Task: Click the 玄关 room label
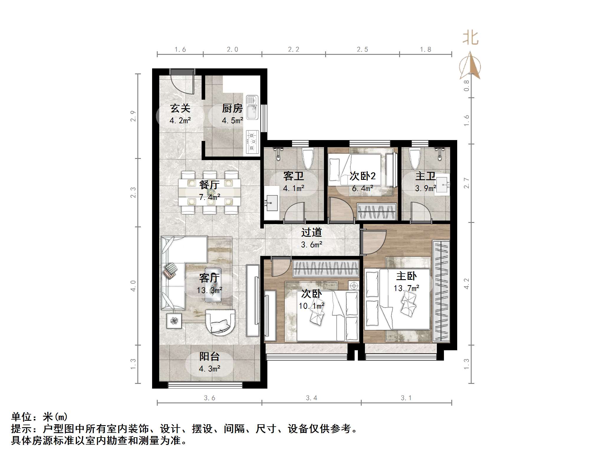tap(180, 109)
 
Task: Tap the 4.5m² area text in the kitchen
tap(232, 121)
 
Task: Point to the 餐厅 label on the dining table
tap(209, 185)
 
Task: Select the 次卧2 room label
tap(363, 176)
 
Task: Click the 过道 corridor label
tap(311, 233)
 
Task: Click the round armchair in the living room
tap(220, 321)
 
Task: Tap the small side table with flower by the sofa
tap(174, 321)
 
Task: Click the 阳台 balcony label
tap(209, 356)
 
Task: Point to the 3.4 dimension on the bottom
tap(311, 398)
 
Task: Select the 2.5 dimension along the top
tap(362, 50)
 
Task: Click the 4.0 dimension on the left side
tap(133, 286)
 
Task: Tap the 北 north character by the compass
tap(470, 38)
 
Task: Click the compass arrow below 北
tap(470, 66)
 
